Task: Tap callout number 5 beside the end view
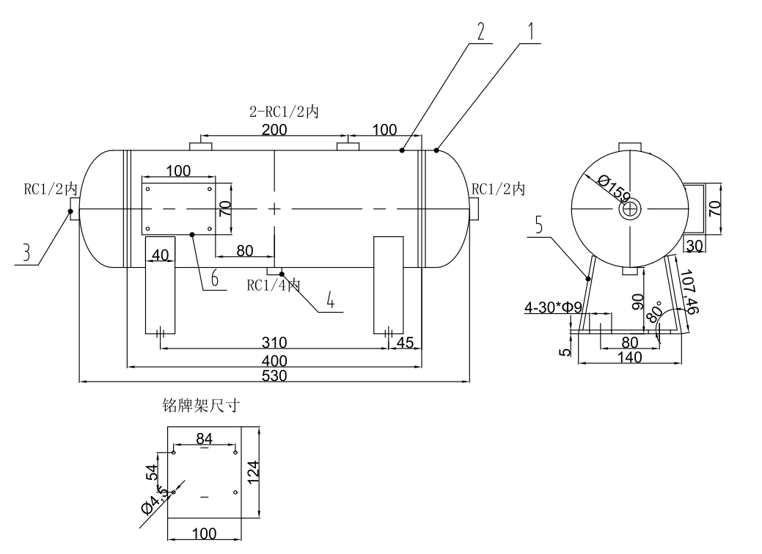pos(538,225)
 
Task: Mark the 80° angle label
pos(653,314)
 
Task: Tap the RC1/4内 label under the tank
pos(273,285)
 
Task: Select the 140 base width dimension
pos(629,357)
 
